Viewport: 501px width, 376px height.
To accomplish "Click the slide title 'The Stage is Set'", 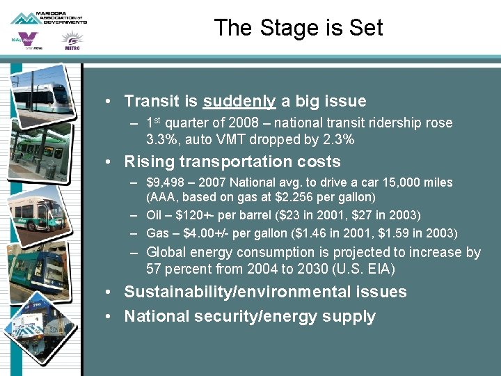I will (x=299, y=28).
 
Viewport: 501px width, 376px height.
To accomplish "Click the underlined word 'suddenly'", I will (x=239, y=102).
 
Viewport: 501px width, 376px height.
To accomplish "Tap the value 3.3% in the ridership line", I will (x=162, y=139).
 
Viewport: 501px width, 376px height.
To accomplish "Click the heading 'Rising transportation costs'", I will (x=232, y=162).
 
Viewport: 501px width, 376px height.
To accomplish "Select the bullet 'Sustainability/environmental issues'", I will (x=265, y=292).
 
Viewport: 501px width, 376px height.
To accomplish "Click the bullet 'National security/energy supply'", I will (x=249, y=317).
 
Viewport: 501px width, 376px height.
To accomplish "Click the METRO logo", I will (x=72, y=41).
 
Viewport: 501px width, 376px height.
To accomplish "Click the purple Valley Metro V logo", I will (x=28, y=40).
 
